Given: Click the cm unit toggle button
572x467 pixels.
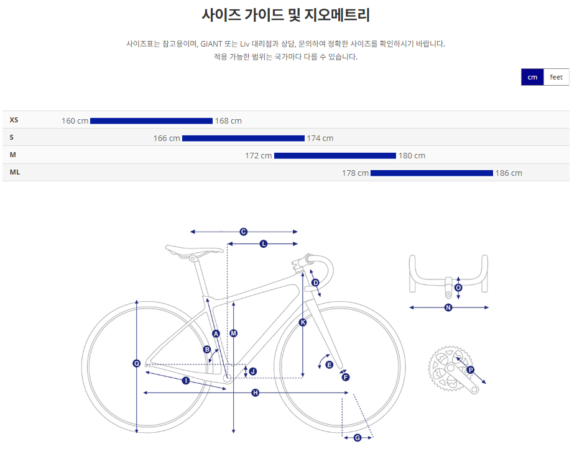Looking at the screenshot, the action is coord(532,77).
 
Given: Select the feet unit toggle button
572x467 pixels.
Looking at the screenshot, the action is coord(556,77).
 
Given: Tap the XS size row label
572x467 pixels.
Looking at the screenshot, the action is coord(14,120).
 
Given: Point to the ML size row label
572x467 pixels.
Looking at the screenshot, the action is coord(15,172).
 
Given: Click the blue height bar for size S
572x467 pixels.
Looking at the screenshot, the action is coord(243,138).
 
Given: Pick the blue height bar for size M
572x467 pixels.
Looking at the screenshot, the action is coord(334,155).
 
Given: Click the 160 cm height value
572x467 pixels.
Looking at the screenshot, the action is coord(75,120).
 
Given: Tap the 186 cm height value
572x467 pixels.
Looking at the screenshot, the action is coord(509,173).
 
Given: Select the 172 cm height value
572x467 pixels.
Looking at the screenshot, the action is coord(258,155).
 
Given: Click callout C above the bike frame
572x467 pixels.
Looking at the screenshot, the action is coord(244,232).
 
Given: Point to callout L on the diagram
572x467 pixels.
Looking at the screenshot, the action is coord(264,244).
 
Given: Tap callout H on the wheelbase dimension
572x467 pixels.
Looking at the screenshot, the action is coord(255,392).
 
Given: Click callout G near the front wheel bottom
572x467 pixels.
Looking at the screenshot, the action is coord(357,438).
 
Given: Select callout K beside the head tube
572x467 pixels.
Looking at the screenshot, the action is coord(303,322).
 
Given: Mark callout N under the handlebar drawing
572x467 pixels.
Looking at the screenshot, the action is coord(448,307).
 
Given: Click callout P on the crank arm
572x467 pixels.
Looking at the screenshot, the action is coord(470,370).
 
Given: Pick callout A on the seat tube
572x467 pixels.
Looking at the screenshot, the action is coord(216,333).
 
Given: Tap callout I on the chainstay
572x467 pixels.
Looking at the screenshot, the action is coord(185,380).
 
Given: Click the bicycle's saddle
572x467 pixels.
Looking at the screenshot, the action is coord(193,250).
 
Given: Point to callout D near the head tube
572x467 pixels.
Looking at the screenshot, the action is coord(315,283).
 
